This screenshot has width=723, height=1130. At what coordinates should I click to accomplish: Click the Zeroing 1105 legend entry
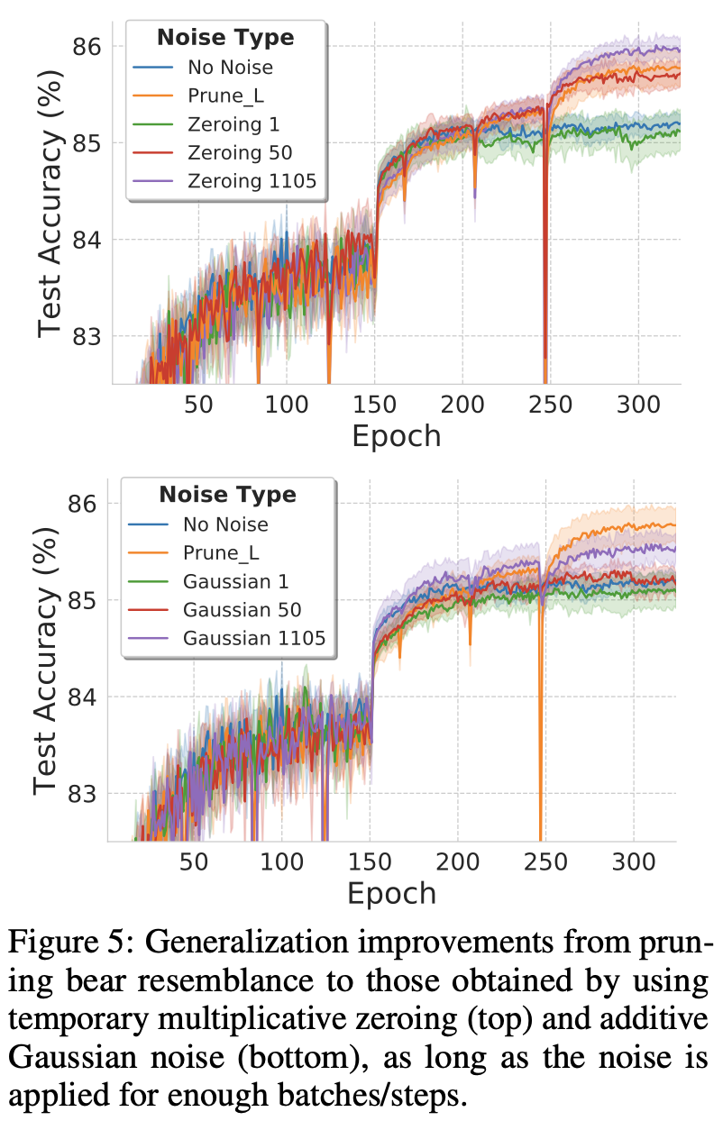click(x=252, y=182)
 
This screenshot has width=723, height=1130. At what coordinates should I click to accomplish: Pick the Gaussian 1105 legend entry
click(x=253, y=639)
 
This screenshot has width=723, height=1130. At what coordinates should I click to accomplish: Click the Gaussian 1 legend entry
click(x=235, y=581)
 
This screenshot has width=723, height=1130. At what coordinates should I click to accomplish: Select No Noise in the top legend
click(x=230, y=67)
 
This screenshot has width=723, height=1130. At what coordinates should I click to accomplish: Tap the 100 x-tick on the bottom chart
click(x=281, y=861)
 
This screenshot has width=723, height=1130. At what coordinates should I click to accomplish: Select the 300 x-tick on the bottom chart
click(x=632, y=861)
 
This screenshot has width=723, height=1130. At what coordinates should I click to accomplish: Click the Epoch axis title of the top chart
click(x=397, y=436)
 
